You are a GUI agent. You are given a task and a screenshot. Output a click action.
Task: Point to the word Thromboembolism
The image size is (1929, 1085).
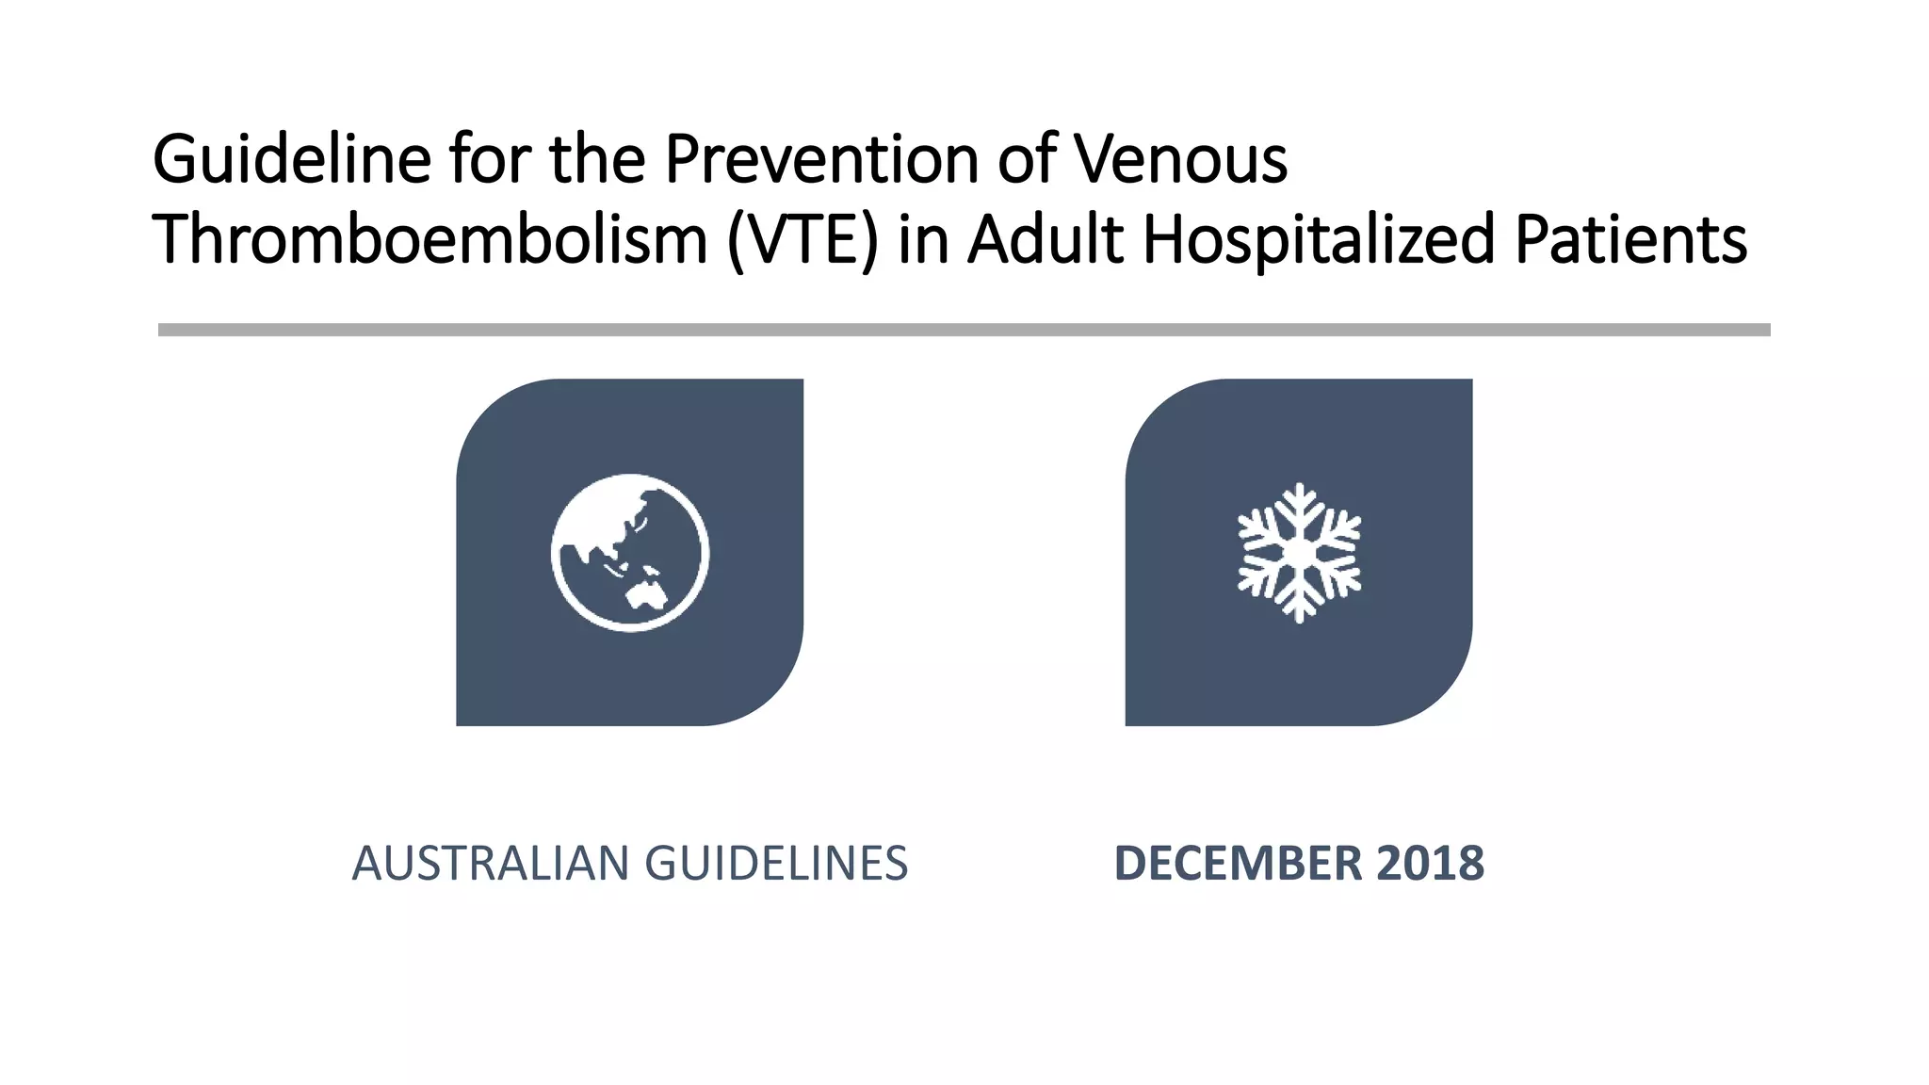(430, 239)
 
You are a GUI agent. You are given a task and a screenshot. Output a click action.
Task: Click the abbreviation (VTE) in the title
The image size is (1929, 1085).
(802, 239)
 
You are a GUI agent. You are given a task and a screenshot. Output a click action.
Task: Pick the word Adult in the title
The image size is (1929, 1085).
(1046, 239)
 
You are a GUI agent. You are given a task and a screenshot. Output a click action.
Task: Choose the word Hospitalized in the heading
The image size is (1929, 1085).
(1319, 239)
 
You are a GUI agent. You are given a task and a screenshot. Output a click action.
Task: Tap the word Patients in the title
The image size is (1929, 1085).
(1630, 239)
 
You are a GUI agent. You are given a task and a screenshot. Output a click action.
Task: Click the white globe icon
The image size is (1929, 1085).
(630, 553)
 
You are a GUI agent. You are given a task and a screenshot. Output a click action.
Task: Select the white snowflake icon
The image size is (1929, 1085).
(1299, 553)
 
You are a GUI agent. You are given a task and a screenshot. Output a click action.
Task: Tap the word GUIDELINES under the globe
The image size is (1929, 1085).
(776, 864)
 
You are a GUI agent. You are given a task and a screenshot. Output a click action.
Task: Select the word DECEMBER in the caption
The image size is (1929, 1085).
(1238, 864)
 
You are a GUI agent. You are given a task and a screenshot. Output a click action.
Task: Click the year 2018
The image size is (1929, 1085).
(1430, 864)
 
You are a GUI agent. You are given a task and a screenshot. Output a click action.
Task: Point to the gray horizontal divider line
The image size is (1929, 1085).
(964, 330)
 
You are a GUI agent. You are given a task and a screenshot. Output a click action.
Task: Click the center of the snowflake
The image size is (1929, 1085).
(1299, 553)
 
